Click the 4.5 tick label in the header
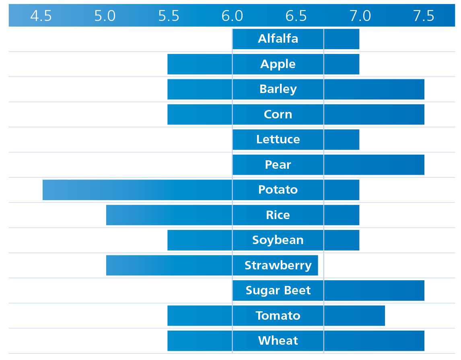[x=41, y=16]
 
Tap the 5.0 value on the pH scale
[x=105, y=16]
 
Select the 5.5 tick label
[x=169, y=16]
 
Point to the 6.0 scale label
[x=232, y=16]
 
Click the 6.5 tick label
[x=296, y=16]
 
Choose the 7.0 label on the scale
[x=360, y=16]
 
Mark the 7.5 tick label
[x=424, y=16]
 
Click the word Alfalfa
[x=278, y=39]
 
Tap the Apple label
[x=278, y=64]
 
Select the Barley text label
[x=278, y=89]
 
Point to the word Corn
[x=278, y=114]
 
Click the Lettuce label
[x=278, y=139]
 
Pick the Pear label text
[x=278, y=165]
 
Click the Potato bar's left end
[x=43, y=190]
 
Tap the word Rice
[x=278, y=215]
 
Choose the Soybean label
[x=278, y=240]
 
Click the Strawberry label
[x=278, y=265]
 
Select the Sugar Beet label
[x=278, y=290]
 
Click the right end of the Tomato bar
[x=385, y=316]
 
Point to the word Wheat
[x=278, y=341]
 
